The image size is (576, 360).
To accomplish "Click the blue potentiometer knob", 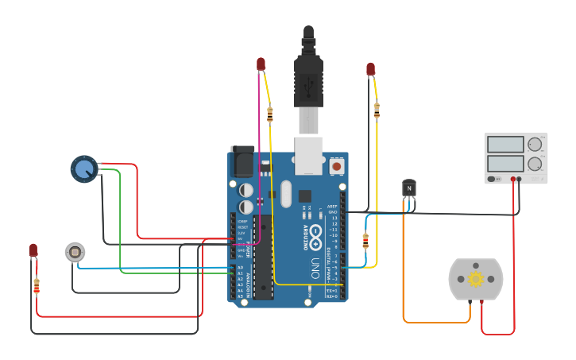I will pyautogui.click(x=83, y=168).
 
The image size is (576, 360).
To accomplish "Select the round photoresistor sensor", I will pyautogui.click(x=75, y=252).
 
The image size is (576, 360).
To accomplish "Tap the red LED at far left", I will pyautogui.click(x=33, y=250).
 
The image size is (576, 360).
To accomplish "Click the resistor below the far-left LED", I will pyautogui.click(x=37, y=285).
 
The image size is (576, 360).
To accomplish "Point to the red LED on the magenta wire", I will pyautogui.click(x=261, y=64).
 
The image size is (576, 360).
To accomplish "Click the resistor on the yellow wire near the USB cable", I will pyautogui.click(x=270, y=114).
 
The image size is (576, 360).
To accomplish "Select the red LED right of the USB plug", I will pyautogui.click(x=370, y=70).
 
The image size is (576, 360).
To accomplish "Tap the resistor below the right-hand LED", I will pyautogui.click(x=377, y=110).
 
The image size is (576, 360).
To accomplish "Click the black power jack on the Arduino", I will pyautogui.click(x=242, y=161).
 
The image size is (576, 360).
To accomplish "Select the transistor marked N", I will pyautogui.click(x=409, y=188).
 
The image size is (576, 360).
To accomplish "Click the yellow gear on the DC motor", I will pyautogui.click(x=476, y=278).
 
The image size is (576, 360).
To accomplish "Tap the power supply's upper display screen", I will pyautogui.click(x=505, y=145).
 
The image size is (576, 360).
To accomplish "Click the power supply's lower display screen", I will pyautogui.click(x=505, y=164).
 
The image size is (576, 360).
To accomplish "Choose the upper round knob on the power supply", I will pyautogui.click(x=535, y=145).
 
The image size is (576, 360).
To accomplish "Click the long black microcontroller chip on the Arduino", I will pyautogui.click(x=263, y=258).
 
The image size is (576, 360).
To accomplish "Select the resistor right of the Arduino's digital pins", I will pyautogui.click(x=365, y=240).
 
